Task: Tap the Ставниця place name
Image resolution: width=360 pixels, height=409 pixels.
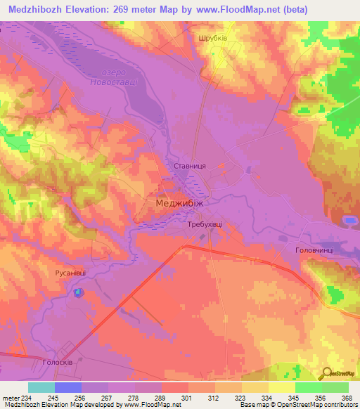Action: [x=189, y=165]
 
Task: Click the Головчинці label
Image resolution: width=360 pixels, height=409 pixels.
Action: [x=314, y=250]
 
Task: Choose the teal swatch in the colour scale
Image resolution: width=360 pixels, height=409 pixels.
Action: [x=41, y=387]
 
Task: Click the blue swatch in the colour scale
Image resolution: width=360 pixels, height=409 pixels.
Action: [x=67, y=387]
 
